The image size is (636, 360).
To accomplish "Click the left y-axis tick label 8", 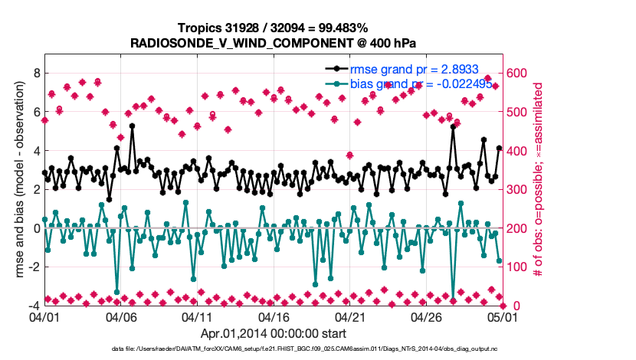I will click(x=35, y=73).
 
